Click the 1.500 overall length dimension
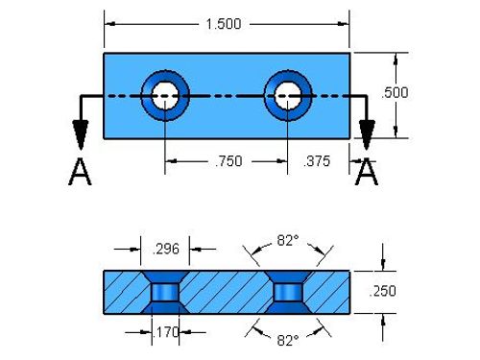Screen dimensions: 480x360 224,24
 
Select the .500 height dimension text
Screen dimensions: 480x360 395,93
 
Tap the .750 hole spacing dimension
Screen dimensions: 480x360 228,161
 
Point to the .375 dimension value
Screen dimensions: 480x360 316,161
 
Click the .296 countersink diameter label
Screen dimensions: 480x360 166,249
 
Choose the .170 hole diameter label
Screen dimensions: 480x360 165,332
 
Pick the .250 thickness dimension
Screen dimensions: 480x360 382,291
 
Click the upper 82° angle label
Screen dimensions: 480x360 288,240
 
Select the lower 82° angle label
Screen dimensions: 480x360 288,341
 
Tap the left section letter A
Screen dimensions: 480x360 80,172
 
